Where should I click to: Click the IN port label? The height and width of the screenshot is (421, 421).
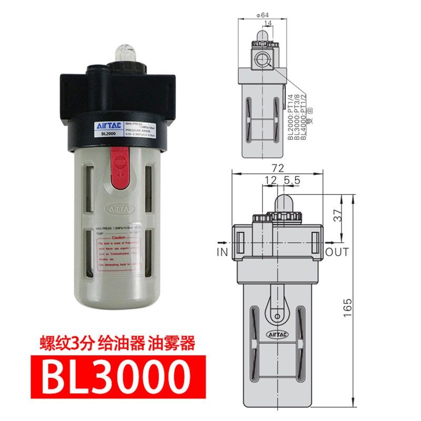pos(222,252)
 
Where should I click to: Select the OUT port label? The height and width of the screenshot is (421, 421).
pos(337,252)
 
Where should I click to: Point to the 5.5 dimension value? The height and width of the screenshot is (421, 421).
pos(292,180)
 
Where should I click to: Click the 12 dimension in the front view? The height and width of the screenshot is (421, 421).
pos(270,180)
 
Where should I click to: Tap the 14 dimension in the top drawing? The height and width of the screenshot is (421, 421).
pos(268,23)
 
